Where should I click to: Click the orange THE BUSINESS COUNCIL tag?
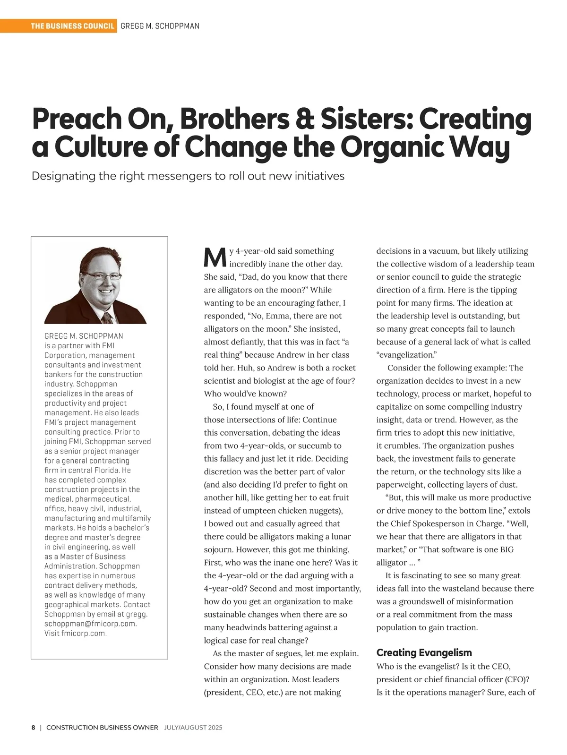73,26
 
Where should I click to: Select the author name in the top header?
160,26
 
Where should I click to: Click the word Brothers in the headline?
234,120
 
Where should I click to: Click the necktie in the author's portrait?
108,317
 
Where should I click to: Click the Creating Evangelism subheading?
424,653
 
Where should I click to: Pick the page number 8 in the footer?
34,728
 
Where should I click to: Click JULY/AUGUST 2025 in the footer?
193,728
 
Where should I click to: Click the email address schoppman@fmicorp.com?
90,624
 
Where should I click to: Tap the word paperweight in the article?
403,485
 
